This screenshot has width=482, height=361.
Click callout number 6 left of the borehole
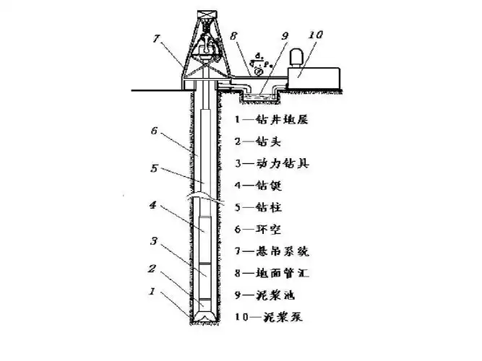(152, 131)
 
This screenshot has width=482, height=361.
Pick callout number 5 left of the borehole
(152, 168)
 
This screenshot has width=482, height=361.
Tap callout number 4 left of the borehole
(152, 206)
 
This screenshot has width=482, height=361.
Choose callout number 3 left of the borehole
(152, 241)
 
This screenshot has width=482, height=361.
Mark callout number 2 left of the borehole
(152, 269)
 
